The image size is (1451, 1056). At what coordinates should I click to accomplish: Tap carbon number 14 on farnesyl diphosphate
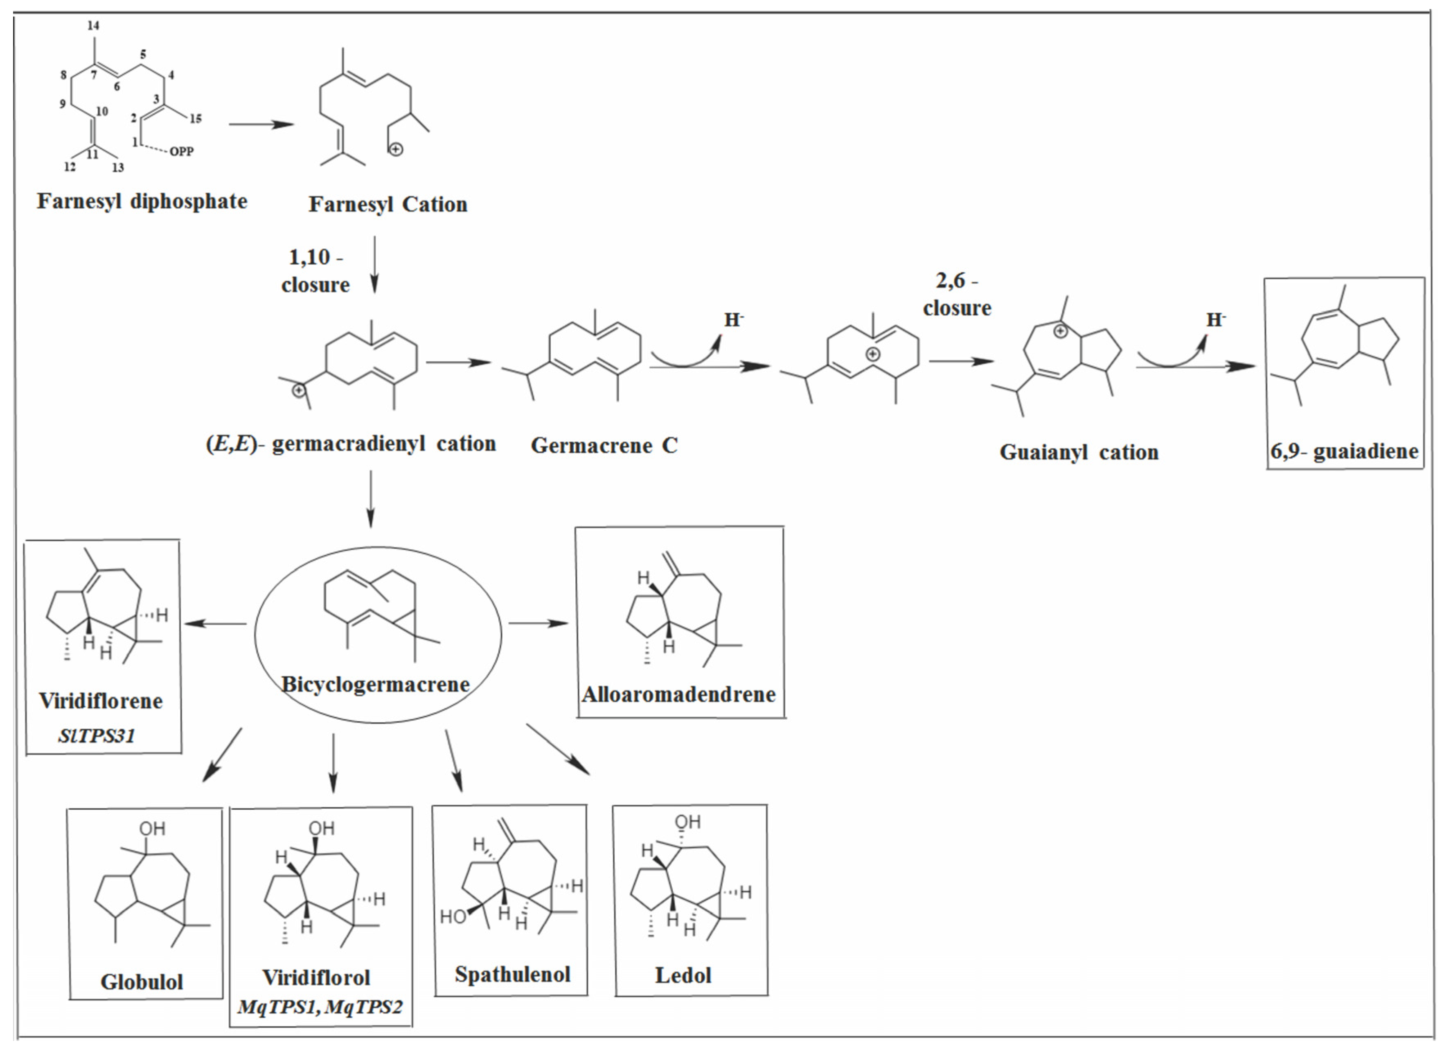[93, 26]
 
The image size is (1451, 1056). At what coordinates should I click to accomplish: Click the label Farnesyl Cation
[388, 204]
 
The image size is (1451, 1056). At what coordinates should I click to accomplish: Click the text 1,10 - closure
[315, 270]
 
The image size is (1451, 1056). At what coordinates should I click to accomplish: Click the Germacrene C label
[604, 445]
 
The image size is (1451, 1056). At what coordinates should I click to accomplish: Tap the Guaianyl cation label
[1079, 452]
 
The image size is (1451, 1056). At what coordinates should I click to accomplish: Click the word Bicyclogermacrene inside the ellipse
[376, 684]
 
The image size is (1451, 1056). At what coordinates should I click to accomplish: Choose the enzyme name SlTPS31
[97, 736]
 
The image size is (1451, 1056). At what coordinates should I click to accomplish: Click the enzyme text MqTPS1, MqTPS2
[320, 1007]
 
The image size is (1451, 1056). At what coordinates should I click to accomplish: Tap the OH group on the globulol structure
[152, 829]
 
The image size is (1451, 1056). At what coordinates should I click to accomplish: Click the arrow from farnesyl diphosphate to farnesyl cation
[261, 124]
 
